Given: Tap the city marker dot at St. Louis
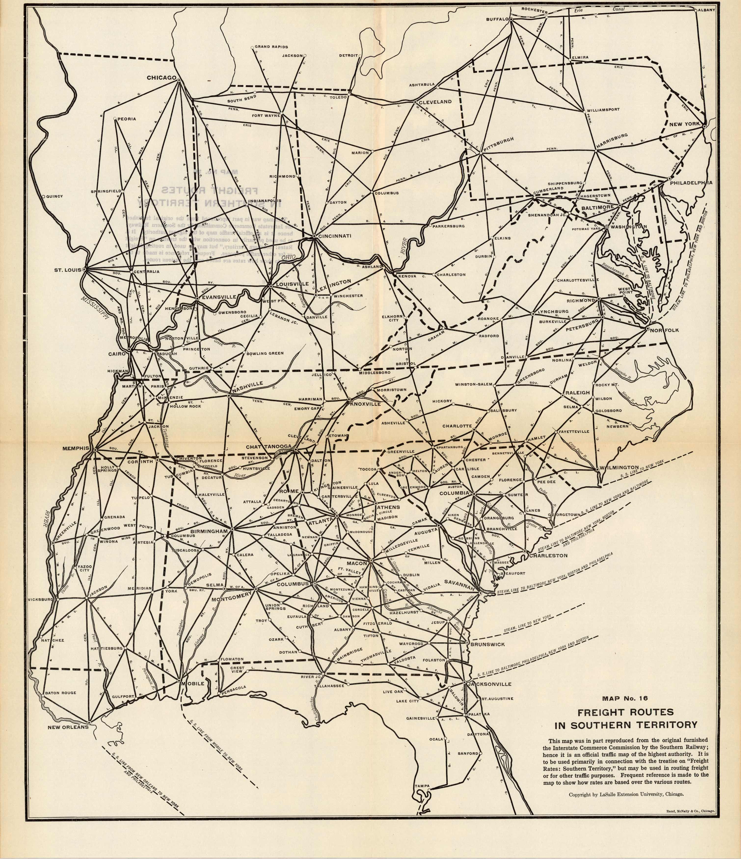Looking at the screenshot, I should [x=84, y=269].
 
